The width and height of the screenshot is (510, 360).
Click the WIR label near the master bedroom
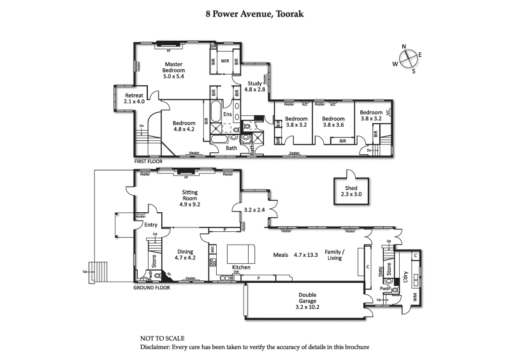[224, 62]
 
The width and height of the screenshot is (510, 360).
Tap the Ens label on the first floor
[227, 115]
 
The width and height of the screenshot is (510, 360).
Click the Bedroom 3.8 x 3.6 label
[333, 122]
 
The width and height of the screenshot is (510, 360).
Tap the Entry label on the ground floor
[150, 225]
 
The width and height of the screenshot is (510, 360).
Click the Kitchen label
[223, 267]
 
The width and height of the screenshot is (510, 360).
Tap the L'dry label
[405, 277]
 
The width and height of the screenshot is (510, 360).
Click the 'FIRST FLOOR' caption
[148, 162]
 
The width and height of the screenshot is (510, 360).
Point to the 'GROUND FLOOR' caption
[151, 288]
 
